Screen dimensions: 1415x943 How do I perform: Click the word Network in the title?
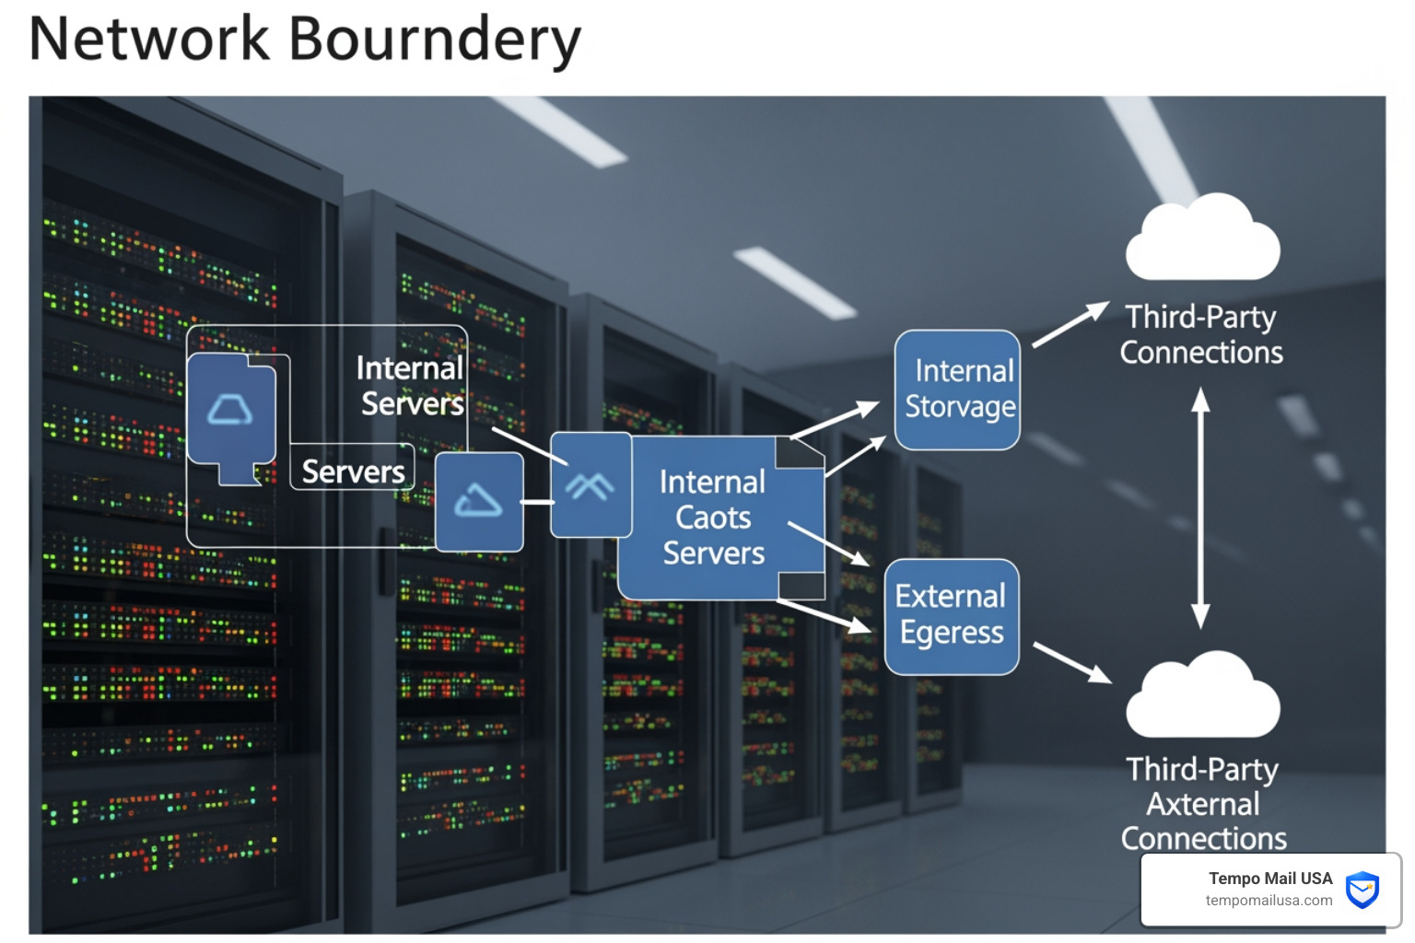(x=149, y=39)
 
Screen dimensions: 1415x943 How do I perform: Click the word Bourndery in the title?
(x=435, y=41)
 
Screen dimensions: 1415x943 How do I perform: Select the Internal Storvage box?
(x=958, y=390)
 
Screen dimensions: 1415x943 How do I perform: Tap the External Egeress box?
(x=952, y=616)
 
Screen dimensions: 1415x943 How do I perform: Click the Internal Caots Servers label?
(x=713, y=518)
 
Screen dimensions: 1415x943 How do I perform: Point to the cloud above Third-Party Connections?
(x=1203, y=237)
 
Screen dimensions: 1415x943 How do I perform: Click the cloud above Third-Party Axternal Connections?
(x=1203, y=694)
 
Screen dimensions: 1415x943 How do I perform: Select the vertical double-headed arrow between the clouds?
(x=1200, y=507)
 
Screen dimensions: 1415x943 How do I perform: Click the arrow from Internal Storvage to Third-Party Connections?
(x=1070, y=325)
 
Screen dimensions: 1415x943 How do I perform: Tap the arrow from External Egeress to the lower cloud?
(x=1072, y=662)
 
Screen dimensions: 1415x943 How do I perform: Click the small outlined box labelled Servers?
(x=352, y=467)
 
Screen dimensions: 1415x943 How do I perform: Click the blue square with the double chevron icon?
(x=591, y=484)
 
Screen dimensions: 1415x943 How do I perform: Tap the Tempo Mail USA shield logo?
(x=1362, y=890)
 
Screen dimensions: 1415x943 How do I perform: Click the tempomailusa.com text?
(x=1269, y=901)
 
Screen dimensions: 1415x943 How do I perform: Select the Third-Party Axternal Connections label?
(x=1203, y=803)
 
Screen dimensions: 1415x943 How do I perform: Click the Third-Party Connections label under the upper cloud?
(x=1201, y=334)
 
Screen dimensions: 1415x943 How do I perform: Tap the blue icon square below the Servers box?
(x=479, y=502)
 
